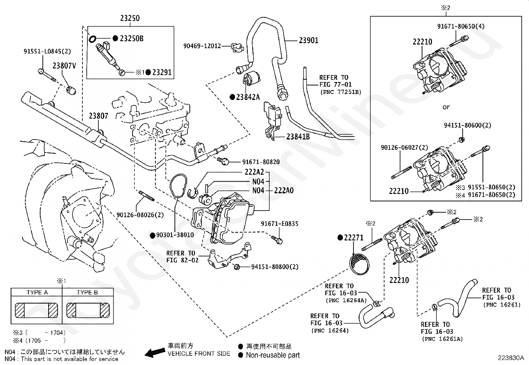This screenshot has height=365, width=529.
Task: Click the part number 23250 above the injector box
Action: click(x=130, y=18)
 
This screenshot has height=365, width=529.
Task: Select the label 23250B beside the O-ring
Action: click(x=132, y=39)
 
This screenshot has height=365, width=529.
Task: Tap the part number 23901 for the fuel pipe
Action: click(x=308, y=41)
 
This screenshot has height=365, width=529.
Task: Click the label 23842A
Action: click(x=248, y=97)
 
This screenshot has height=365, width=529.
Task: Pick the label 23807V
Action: click(x=64, y=66)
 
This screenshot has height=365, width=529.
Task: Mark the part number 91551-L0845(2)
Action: click(x=47, y=51)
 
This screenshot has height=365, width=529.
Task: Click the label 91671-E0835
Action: click(x=279, y=224)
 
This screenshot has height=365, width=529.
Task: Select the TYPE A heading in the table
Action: click(x=37, y=293)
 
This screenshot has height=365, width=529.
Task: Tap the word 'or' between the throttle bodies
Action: click(x=446, y=107)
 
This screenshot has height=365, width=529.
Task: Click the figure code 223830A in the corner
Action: click(x=510, y=358)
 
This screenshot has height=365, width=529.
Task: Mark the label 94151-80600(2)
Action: click(x=468, y=126)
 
